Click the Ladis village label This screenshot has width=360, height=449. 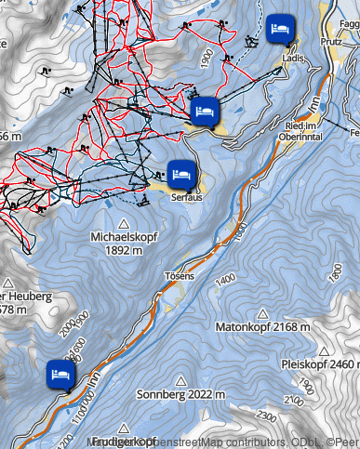click(x=293, y=58)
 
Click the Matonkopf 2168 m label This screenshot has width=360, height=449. click(x=267, y=327)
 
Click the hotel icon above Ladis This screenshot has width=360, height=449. click(x=279, y=28)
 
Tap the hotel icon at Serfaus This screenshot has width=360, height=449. click(x=181, y=173)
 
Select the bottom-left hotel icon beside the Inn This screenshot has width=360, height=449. click(x=60, y=374)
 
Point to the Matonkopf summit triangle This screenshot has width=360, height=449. click(x=267, y=313)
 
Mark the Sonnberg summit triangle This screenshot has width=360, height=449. click(x=180, y=380)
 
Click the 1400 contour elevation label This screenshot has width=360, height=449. click(x=224, y=277)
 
